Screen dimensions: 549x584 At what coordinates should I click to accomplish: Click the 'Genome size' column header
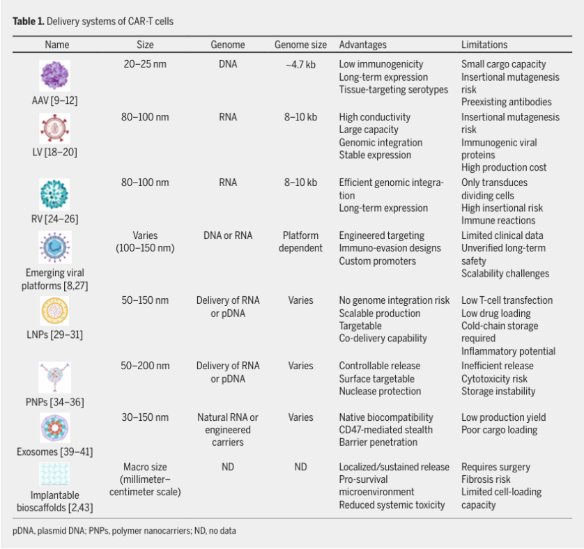[300, 45]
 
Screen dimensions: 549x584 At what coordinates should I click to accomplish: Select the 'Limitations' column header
[484, 45]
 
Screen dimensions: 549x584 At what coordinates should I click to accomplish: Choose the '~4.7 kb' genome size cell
[300, 64]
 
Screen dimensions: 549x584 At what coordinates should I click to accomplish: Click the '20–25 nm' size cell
[145, 64]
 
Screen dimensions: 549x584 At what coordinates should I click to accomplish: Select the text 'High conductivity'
[375, 117]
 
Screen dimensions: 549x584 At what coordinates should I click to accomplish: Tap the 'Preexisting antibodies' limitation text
[506, 102]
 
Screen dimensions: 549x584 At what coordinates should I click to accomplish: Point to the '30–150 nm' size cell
[145, 417]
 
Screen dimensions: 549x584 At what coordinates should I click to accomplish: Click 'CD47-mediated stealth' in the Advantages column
[385, 430]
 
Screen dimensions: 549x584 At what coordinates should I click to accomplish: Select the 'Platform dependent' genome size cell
[300, 242]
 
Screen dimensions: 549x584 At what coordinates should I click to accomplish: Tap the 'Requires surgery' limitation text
[495, 467]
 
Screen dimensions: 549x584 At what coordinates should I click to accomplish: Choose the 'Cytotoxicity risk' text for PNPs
[494, 379]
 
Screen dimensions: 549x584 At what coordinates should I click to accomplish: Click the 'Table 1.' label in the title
[28, 22]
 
